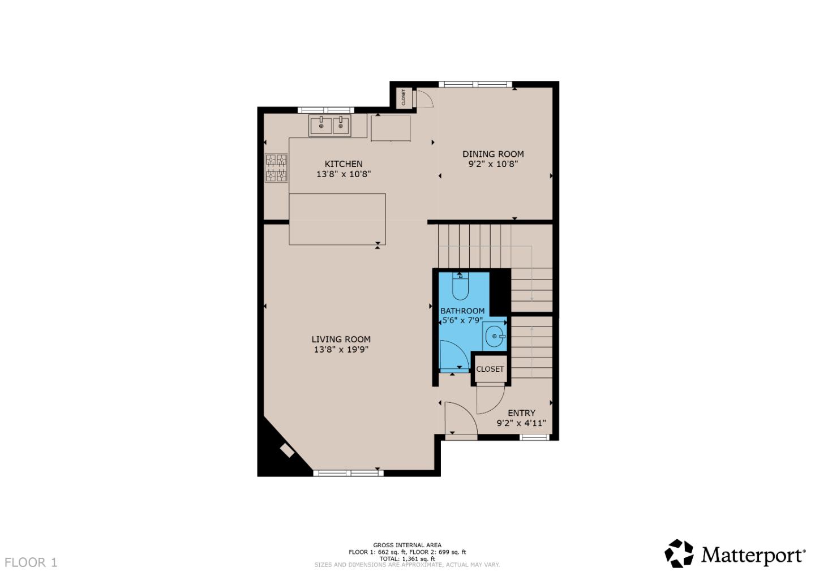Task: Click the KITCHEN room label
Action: click(x=343, y=164)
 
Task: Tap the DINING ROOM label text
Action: click(x=493, y=154)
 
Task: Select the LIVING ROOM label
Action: click(x=341, y=339)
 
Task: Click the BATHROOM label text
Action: click(x=462, y=311)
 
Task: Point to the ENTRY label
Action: click(x=521, y=413)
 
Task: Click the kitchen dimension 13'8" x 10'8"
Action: click(x=343, y=174)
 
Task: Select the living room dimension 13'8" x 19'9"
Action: click(x=341, y=350)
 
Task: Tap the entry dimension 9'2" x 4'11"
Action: click(x=521, y=423)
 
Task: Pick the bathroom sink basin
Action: click(x=495, y=337)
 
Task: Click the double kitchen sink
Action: click(x=330, y=126)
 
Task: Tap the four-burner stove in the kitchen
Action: click(x=276, y=167)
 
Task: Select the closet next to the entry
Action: click(x=490, y=369)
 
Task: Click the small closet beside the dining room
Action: click(x=403, y=97)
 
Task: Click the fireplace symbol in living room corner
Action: click(x=287, y=450)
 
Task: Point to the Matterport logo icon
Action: click(x=679, y=553)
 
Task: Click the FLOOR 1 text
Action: click(x=31, y=562)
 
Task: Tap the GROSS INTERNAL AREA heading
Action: click(x=407, y=545)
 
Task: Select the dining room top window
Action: click(x=475, y=85)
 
